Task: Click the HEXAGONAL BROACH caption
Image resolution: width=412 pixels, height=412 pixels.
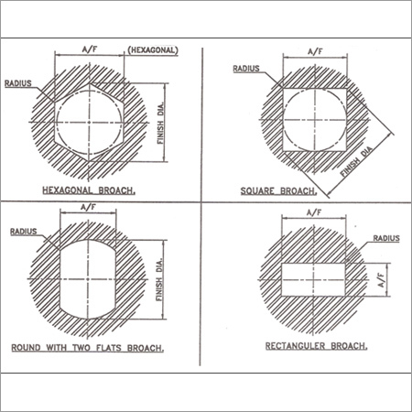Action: tap(89, 190)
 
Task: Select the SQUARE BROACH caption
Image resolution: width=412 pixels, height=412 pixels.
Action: tap(278, 191)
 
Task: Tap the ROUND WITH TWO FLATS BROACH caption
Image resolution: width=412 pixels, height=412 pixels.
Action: tap(88, 348)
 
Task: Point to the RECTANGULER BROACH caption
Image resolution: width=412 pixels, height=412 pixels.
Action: tap(316, 346)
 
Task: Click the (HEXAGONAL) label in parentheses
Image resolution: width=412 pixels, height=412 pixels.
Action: tap(153, 50)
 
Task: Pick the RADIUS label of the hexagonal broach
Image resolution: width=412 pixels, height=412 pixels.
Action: tap(18, 83)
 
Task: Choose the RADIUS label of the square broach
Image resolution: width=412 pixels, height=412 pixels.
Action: tap(246, 69)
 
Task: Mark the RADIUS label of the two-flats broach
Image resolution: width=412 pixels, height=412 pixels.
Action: tap(24, 232)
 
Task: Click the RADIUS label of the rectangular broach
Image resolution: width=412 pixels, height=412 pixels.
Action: tap(386, 238)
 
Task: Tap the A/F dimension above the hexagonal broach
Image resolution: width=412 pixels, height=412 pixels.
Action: tap(90, 49)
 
